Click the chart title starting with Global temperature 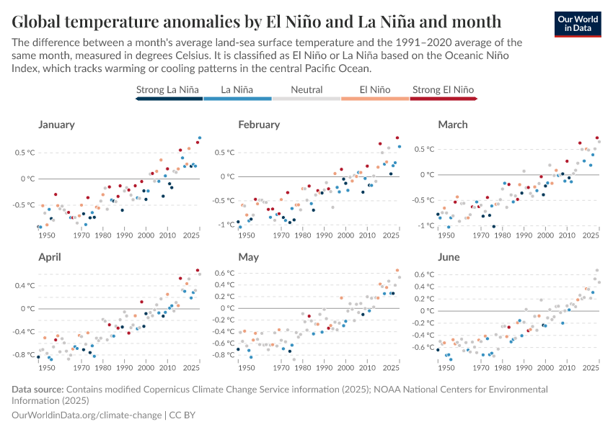[257, 19]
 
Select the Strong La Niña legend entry [167, 90]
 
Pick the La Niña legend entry [237, 90]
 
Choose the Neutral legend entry [306, 90]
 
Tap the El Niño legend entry [376, 90]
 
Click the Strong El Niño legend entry [444, 90]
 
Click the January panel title [56, 125]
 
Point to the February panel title [259, 125]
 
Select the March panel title [454, 125]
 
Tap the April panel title [50, 257]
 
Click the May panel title [248, 257]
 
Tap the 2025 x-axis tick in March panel [590, 235]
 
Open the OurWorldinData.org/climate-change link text [87, 415]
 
